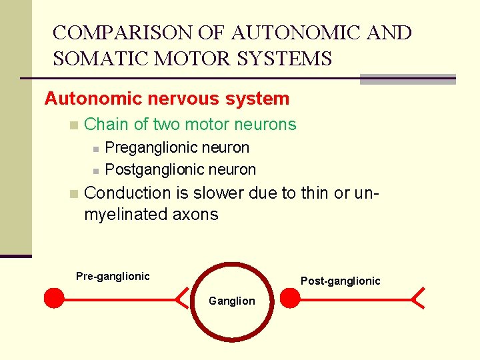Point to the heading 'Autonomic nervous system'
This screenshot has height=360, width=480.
click(x=167, y=99)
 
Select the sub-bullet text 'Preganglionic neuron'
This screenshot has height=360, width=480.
click(x=177, y=147)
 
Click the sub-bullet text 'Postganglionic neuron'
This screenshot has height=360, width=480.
click(x=181, y=169)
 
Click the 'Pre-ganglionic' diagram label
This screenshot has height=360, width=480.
click(x=113, y=276)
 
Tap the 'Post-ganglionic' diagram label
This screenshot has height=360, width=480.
click(x=340, y=281)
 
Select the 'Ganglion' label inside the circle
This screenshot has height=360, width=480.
click(x=231, y=301)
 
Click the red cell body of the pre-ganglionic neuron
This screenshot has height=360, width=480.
click(x=54, y=298)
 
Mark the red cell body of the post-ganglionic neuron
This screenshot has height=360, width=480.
click(x=290, y=298)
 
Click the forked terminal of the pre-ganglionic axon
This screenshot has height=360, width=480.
click(x=181, y=298)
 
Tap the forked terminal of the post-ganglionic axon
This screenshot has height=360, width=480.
click(x=418, y=297)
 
